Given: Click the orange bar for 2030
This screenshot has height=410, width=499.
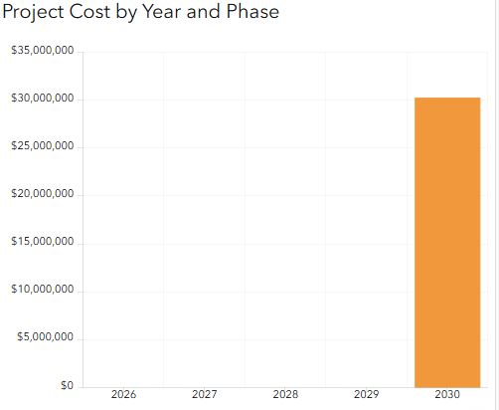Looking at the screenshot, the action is [x=447, y=243].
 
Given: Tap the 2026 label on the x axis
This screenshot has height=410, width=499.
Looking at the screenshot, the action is [x=123, y=394].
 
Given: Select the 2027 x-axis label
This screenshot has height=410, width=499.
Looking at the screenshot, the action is [x=205, y=394].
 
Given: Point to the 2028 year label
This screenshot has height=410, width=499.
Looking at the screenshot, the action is [x=285, y=394].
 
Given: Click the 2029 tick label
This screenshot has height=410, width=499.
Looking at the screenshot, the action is [x=366, y=394].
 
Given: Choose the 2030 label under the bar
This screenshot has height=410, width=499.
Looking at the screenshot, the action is [x=447, y=394].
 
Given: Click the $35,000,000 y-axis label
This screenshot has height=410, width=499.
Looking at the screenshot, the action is [x=43, y=51].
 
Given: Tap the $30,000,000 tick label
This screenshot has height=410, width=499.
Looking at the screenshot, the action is [x=43, y=99].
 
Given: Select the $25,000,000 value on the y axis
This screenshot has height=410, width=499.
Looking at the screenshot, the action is [x=43, y=146].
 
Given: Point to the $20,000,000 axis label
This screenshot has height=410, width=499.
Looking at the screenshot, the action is [x=43, y=194].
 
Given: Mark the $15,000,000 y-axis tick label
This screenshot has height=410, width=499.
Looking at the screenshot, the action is [x=43, y=242].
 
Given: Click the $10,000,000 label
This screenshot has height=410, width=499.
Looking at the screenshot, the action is [x=43, y=290].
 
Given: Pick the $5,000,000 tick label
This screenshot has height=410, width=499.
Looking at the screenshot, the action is [x=45, y=337].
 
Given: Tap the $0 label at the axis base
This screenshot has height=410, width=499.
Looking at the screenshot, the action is [x=67, y=385].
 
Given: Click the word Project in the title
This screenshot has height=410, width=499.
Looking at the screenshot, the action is [x=33, y=13].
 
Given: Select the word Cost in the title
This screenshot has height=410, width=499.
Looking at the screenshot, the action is [x=89, y=11].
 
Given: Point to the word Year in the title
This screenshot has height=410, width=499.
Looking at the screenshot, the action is [x=161, y=11].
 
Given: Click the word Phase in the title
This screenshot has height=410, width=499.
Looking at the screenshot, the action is [x=252, y=11].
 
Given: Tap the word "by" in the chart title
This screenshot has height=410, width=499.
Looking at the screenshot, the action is [x=126, y=13].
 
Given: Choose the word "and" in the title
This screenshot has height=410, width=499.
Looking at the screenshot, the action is [x=204, y=11].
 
